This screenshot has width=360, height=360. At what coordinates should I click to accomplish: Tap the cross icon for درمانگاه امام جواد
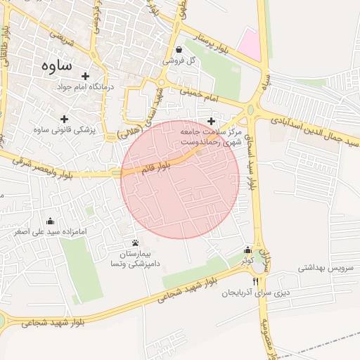[86, 76]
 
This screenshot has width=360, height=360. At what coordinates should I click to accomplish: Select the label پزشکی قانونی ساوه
[68, 130]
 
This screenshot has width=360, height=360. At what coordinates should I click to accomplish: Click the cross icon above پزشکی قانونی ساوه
[65, 119]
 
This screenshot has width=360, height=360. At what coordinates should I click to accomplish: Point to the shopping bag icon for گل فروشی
[180, 50]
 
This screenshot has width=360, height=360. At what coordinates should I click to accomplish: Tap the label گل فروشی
[180, 61]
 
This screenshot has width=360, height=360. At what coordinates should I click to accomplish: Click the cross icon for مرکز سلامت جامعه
[211, 122]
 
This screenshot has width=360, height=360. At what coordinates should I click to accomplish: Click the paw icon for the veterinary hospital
[135, 242]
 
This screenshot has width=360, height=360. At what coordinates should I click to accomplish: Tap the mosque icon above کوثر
[247, 250]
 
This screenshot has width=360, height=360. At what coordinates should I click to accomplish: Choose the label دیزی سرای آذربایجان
[256, 292]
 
